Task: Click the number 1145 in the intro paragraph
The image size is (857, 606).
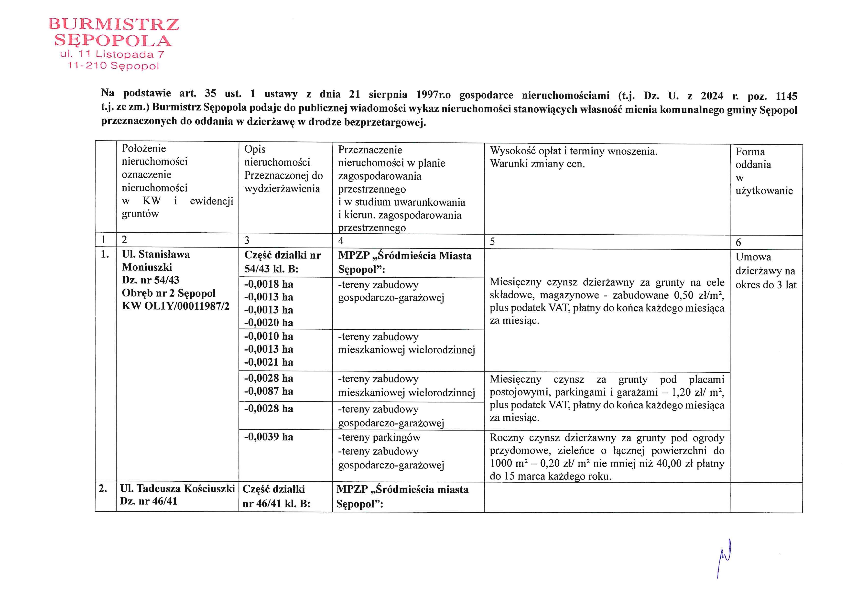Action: click(x=786, y=96)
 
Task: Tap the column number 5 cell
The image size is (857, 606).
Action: click(x=493, y=242)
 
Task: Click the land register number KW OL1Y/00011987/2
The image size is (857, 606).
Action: click(x=175, y=306)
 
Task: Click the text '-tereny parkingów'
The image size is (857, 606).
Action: click(x=379, y=437)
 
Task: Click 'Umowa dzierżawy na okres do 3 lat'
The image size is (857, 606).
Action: click(x=765, y=271)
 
